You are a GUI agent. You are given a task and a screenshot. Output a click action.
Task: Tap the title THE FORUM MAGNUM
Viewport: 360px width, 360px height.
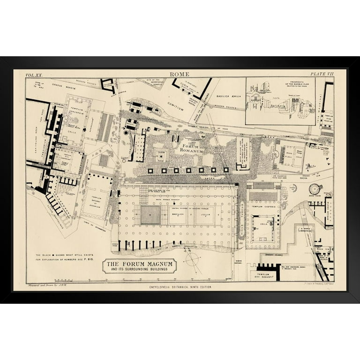pyautogui.click(x=139, y=264)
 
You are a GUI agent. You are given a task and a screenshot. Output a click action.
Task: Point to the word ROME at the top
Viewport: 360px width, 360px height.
pyautogui.click(x=180, y=74)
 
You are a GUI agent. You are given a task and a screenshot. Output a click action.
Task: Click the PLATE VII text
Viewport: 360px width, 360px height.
pyautogui.click(x=322, y=74)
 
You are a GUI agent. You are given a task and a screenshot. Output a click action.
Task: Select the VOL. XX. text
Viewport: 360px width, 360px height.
pyautogui.click(x=34, y=75)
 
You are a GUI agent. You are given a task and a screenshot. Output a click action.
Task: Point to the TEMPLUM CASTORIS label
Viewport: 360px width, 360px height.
pyautogui.click(x=263, y=207)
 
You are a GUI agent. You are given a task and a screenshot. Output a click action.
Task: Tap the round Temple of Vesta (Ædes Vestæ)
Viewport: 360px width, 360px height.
pyautogui.click(x=315, y=189)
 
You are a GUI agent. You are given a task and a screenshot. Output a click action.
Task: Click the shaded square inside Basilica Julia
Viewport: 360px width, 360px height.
pyautogui.click(x=150, y=215)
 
